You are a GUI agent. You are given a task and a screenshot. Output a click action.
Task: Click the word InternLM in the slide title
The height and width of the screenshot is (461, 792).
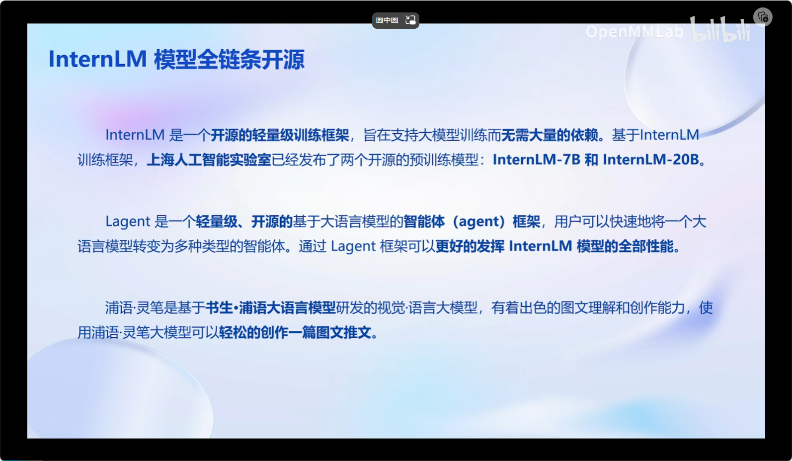tap(97, 59)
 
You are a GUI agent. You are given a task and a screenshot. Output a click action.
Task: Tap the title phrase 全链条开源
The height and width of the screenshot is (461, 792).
tap(251, 60)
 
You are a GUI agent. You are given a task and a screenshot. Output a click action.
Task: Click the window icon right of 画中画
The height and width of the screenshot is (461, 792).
tap(410, 20)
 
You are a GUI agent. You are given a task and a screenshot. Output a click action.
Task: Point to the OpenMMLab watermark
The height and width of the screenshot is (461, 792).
tap(634, 32)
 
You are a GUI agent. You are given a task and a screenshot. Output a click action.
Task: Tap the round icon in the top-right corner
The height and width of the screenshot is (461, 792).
tap(763, 17)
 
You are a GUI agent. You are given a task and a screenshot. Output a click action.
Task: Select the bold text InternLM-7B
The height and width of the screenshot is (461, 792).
tap(537, 160)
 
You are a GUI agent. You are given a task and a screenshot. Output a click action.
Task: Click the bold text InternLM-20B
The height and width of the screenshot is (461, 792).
tap(651, 160)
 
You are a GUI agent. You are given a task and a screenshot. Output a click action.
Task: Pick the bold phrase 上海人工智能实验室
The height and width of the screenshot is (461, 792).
tap(209, 160)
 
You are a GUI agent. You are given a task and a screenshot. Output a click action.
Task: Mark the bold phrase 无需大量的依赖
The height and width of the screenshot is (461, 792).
tap(550, 135)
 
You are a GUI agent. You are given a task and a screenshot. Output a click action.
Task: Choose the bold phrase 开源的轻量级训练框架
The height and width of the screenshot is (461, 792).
tap(280, 135)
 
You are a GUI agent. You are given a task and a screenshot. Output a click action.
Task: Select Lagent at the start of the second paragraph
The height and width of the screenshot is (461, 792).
tap(128, 222)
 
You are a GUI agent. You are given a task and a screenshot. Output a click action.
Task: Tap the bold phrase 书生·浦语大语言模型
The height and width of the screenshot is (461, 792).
tap(270, 308)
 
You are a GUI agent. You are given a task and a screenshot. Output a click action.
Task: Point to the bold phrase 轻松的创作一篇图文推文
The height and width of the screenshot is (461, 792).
tap(295, 333)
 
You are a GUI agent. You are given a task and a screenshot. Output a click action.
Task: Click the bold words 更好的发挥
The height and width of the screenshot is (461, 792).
tap(470, 246)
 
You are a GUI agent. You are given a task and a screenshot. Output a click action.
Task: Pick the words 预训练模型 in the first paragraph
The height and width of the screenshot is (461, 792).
tap(444, 160)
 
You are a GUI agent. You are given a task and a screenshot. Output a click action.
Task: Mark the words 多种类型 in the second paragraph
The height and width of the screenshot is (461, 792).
tap(202, 246)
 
